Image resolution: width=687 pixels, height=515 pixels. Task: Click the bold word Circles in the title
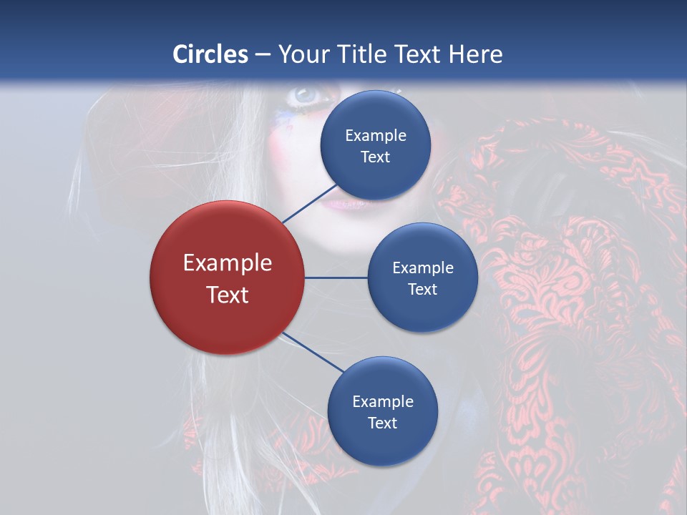210,54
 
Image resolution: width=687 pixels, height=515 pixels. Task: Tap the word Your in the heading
301,54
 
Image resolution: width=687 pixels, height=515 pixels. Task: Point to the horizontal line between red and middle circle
336,278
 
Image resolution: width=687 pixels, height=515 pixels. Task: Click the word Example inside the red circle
228,263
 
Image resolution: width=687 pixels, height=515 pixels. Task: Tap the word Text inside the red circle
228,295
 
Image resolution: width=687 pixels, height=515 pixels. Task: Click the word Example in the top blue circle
376,136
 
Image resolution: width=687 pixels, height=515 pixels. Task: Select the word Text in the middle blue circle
422,290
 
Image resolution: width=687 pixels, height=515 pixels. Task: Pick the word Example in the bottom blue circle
383,402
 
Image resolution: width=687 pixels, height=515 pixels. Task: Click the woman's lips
342,204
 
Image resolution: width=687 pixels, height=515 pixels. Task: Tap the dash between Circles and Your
263,54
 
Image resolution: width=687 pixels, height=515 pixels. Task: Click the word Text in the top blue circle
376,157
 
